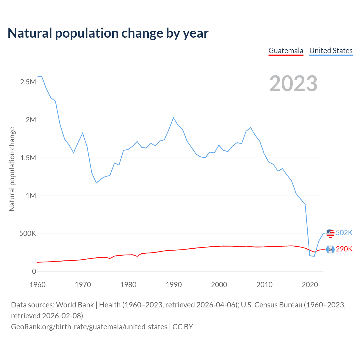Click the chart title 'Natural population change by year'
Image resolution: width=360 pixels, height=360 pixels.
coord(108,33)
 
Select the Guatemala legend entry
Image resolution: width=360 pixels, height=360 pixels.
coord(286,51)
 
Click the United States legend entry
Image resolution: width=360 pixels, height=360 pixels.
coord(331,51)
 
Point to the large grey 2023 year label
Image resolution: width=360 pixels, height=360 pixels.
coord(293,84)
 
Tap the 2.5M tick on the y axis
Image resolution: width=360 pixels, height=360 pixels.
coord(28,82)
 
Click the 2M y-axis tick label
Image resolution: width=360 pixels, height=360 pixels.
coord(31,120)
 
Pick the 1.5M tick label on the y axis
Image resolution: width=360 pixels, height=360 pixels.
coord(28,158)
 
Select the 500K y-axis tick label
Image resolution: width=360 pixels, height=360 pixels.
coord(28,234)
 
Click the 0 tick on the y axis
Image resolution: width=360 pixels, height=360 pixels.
coord(34,271)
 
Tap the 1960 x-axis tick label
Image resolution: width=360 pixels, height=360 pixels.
coord(37,285)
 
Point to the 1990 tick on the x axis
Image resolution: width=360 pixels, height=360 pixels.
coord(174,285)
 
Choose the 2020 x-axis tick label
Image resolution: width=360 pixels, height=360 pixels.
coord(310,285)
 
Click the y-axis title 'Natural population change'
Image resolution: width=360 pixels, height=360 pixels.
coord(12,169)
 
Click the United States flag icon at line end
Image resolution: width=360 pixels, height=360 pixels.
coord(330,233)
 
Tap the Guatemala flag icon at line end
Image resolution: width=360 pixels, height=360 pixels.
coord(330,249)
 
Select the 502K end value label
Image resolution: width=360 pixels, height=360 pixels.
coord(344,233)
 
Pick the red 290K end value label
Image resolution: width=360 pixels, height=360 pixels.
coord(344,249)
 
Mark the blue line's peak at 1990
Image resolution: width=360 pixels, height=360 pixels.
coord(174,118)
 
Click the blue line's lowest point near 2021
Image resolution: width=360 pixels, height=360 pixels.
coord(314,256)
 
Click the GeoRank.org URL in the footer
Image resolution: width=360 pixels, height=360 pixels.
coord(89,327)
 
